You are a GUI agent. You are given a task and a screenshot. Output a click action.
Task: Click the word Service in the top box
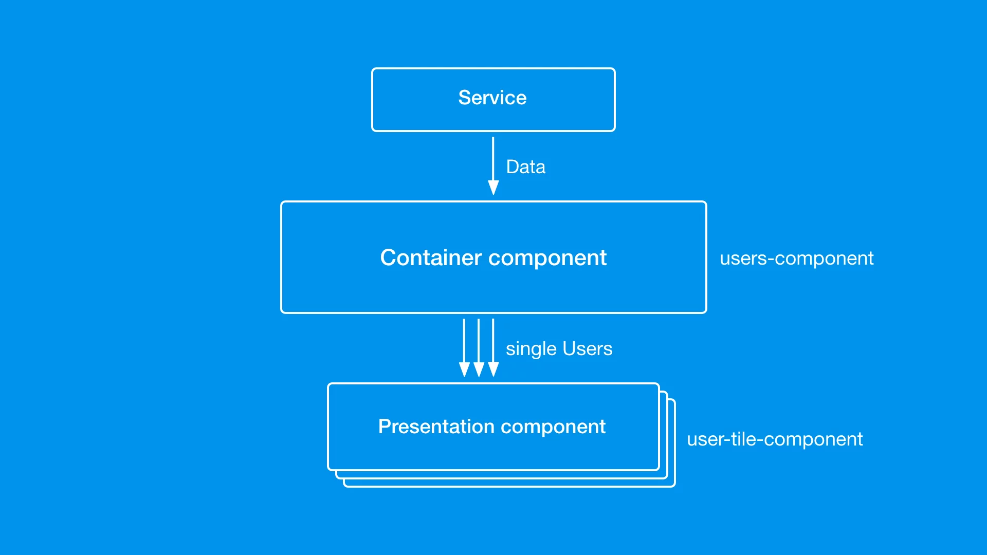(492, 98)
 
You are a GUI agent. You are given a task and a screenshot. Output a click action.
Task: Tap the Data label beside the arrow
(525, 167)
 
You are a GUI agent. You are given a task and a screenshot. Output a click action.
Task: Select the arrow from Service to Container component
(493, 166)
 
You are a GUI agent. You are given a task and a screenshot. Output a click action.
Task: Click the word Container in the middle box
(431, 257)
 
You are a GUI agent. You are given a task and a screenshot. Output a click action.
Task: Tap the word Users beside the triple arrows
(588, 349)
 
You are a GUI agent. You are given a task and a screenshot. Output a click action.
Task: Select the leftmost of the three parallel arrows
(464, 348)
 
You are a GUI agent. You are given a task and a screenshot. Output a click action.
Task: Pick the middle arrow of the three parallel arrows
(479, 348)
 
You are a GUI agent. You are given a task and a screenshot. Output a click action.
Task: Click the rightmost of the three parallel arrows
(493, 348)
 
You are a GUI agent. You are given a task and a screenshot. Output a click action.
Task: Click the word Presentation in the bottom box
(436, 427)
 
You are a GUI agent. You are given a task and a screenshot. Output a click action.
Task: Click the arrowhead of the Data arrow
(493, 188)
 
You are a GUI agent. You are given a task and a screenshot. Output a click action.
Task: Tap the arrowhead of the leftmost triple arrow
(464, 369)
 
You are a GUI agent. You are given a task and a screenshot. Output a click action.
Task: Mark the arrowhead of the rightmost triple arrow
(493, 369)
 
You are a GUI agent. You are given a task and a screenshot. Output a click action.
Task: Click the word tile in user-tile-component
(743, 439)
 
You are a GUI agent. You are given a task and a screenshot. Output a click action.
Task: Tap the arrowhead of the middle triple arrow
(479, 369)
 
